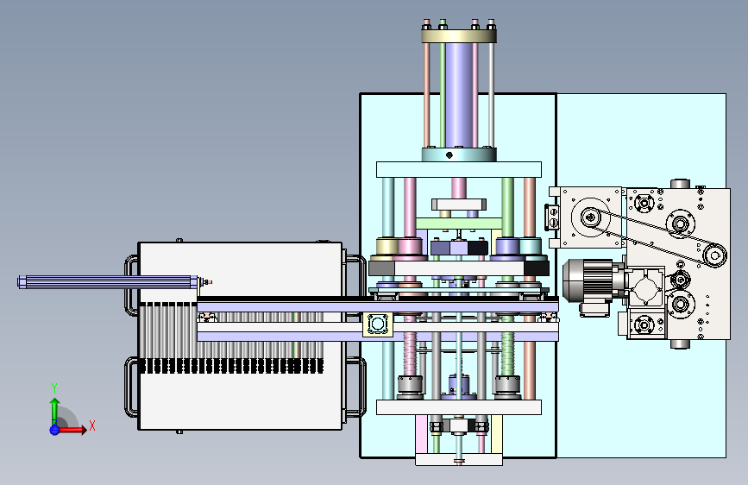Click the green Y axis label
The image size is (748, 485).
click(54, 388)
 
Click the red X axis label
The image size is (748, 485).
click(92, 425)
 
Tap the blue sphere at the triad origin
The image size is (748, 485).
click(54, 430)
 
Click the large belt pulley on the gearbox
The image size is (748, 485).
click(591, 217)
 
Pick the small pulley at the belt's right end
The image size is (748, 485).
click(714, 255)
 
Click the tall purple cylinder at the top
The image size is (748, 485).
click(459, 95)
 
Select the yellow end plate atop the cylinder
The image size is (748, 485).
click(459, 35)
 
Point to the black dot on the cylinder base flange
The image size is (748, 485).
click(449, 155)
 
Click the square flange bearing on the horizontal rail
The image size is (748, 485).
click(378, 324)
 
